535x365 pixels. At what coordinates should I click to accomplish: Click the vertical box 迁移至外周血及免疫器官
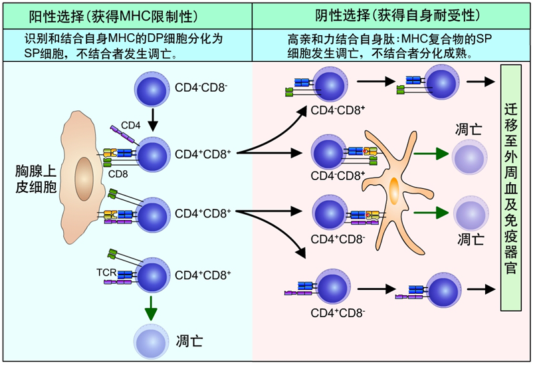tap(510, 187)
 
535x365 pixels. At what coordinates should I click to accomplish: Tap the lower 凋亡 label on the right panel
tap(470, 238)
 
